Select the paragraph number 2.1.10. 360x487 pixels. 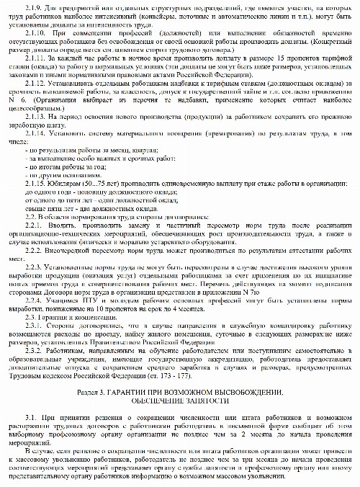coord(35,34)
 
